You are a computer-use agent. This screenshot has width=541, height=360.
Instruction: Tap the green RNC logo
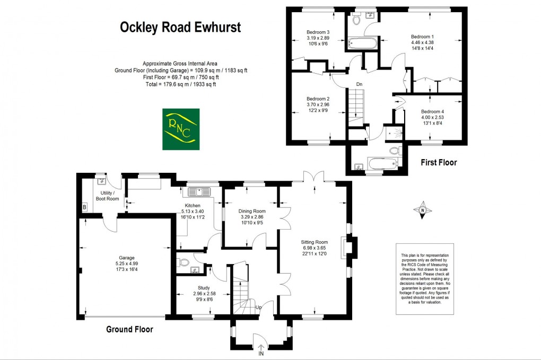(x=181, y=129)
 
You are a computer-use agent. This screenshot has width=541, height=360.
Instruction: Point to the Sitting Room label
(x=315, y=242)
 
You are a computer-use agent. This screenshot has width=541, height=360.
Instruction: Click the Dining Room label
(x=252, y=210)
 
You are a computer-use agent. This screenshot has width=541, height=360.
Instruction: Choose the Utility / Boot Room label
(x=107, y=196)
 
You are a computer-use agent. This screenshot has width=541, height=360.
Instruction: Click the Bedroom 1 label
(x=422, y=37)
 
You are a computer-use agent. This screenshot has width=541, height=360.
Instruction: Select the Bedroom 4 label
(x=432, y=112)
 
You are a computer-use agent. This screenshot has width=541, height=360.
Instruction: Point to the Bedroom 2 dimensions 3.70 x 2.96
(x=318, y=105)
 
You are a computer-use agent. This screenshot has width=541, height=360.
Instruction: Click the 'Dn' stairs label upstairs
(x=359, y=84)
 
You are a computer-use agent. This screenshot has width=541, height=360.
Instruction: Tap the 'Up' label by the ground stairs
(x=258, y=307)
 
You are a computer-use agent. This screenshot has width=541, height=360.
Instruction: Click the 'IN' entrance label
(x=261, y=353)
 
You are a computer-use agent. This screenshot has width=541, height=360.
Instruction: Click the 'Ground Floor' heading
(x=129, y=329)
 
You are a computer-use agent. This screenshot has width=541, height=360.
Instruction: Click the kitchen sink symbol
(x=199, y=190)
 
